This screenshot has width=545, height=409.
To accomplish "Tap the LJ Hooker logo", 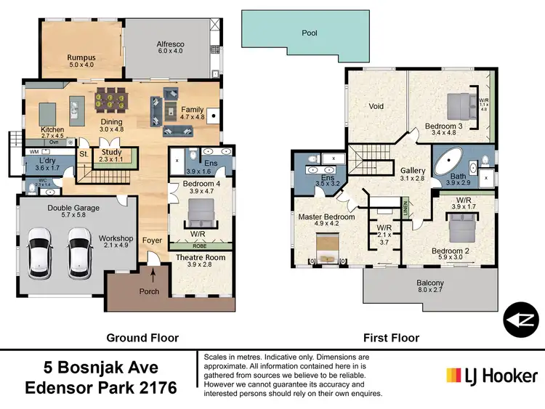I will (492, 375).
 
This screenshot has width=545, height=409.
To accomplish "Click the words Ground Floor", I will (142, 338).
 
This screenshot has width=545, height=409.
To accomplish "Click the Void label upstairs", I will (376, 106).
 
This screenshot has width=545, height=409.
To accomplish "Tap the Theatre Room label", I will (201, 257).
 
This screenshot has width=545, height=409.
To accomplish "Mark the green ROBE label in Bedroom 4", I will (199, 246).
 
